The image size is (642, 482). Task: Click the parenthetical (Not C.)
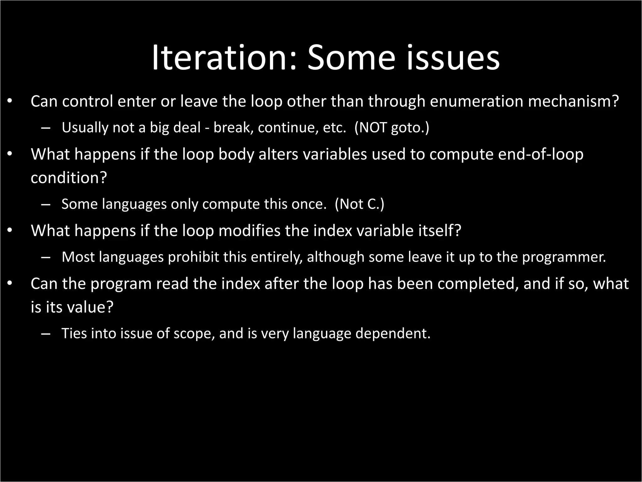click(359, 204)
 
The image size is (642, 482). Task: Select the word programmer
click(563, 257)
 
